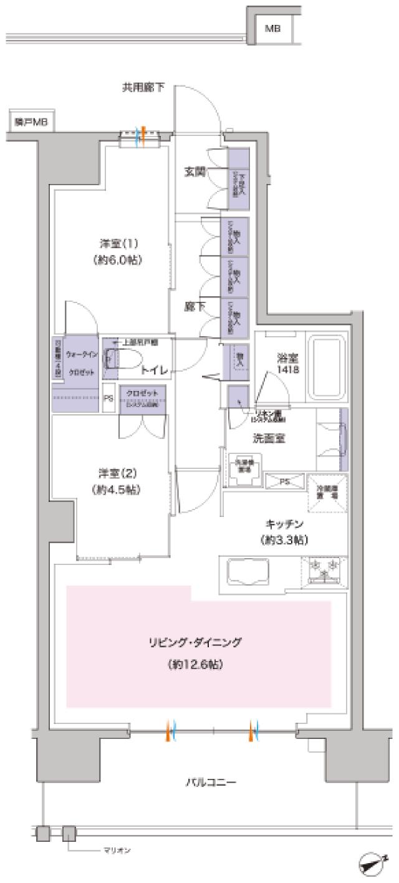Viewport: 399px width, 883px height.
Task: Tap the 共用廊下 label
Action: coord(143,88)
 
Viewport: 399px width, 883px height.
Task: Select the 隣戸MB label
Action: coord(31,122)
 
